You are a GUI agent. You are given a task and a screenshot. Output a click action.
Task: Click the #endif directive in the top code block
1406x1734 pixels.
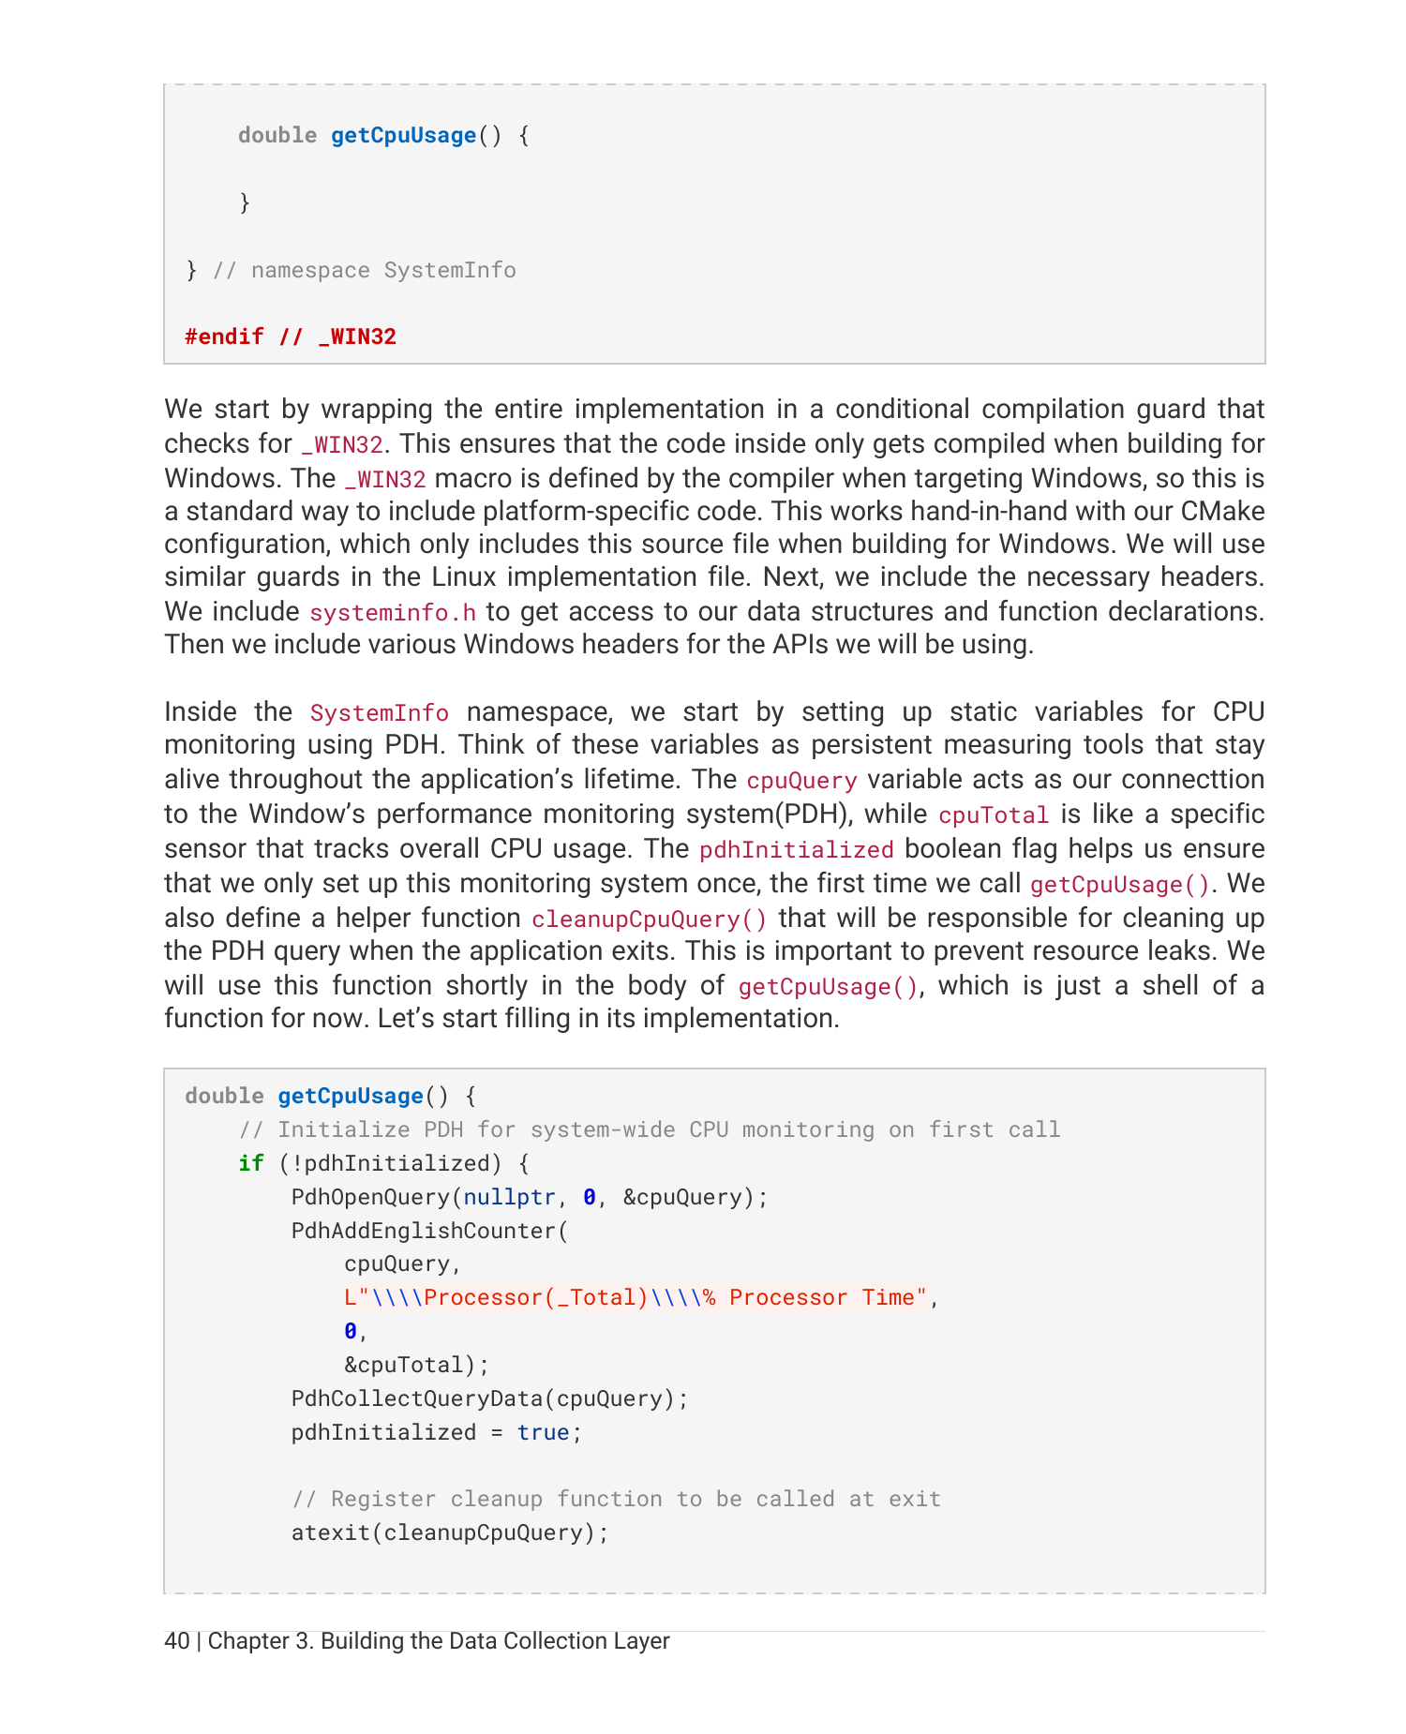coord(224,336)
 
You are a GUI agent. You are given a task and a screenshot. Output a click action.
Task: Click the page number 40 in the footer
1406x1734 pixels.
coord(176,1641)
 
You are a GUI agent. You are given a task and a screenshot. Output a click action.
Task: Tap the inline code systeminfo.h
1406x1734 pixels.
coord(393,613)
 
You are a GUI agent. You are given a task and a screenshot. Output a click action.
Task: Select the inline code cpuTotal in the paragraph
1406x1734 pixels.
coord(993,815)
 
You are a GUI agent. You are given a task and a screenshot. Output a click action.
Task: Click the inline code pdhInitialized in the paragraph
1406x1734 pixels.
coord(796,850)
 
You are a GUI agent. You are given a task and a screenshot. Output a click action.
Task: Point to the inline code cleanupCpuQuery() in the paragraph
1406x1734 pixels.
coord(649,919)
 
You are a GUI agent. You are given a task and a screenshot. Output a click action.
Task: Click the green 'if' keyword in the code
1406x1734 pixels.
coord(250,1163)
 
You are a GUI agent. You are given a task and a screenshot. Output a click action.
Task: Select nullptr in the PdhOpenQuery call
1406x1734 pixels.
coord(509,1197)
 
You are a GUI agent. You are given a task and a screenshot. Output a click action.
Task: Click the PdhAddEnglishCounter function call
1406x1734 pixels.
coord(424,1231)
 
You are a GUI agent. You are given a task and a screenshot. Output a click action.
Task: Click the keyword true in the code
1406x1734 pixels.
coord(543,1432)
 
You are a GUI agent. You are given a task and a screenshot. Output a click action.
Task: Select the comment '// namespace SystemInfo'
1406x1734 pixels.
coord(365,270)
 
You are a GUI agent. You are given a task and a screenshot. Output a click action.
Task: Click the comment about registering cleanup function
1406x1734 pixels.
coord(616,1499)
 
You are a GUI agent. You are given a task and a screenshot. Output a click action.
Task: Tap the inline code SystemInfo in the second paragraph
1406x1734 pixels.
coord(379,713)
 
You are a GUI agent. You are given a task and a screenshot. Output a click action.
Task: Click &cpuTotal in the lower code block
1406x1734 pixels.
coord(404,1365)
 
